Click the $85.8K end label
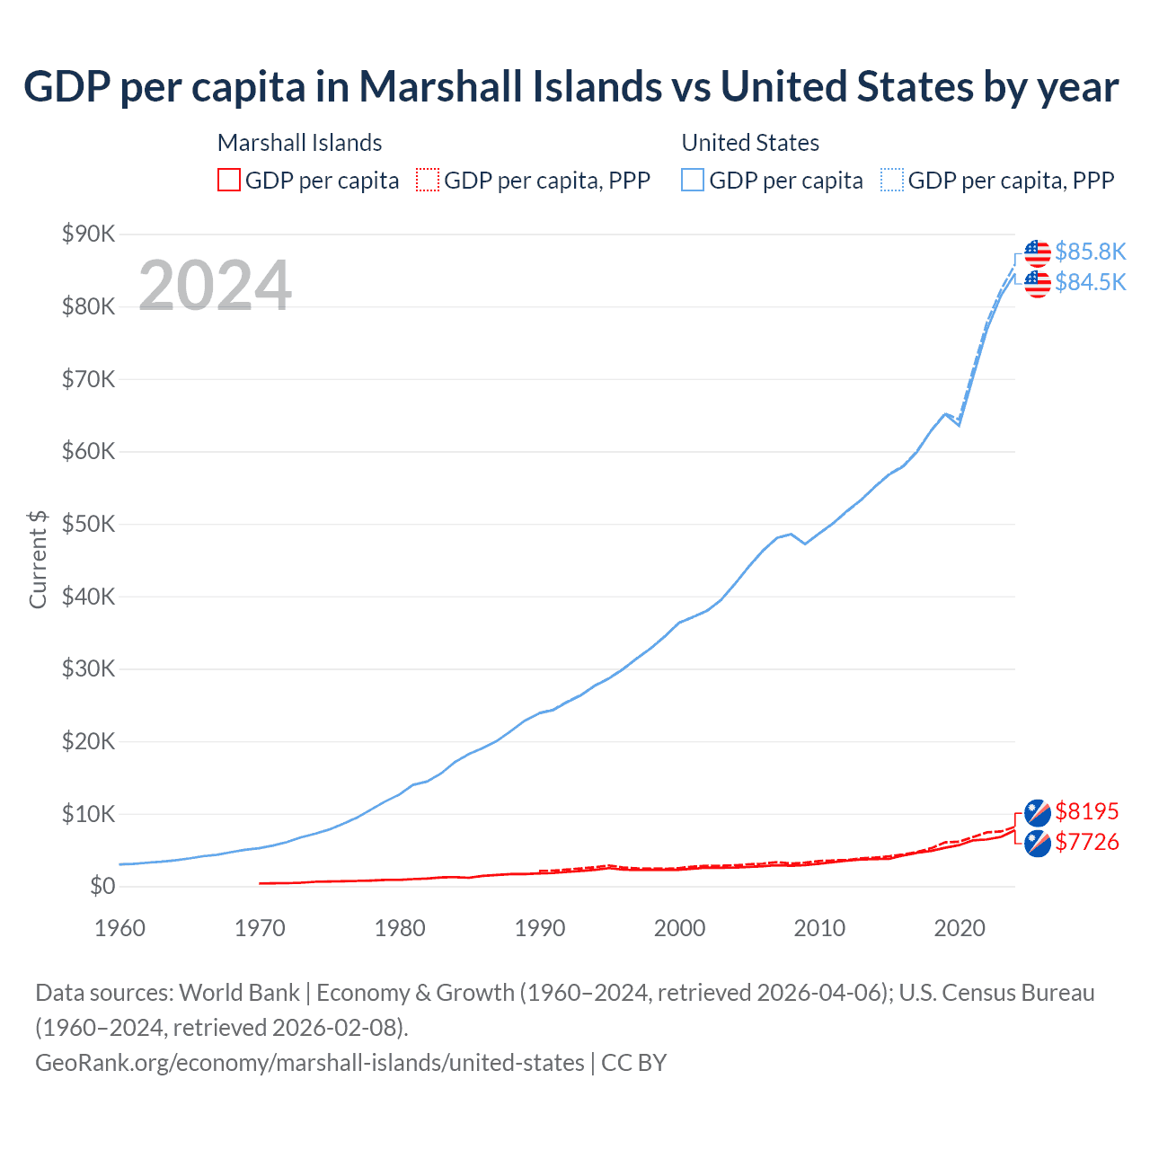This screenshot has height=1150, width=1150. click(x=1090, y=252)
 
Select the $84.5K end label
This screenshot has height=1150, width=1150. click(x=1090, y=282)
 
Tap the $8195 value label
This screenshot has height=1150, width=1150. click(x=1086, y=811)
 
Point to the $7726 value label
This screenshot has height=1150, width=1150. click(x=1086, y=842)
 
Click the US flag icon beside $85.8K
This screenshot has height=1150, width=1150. click(x=1038, y=253)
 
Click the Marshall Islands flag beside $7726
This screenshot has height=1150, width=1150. click(x=1038, y=844)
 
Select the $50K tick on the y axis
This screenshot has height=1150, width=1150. click(x=88, y=524)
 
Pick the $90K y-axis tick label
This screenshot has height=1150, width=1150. click(x=88, y=234)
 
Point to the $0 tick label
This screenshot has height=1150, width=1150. click(x=102, y=887)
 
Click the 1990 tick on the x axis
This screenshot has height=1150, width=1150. click(x=540, y=928)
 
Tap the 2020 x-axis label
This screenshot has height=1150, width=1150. click(x=960, y=928)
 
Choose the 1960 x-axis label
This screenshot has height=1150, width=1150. click(x=119, y=928)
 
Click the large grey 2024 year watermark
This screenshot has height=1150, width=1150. click(x=215, y=286)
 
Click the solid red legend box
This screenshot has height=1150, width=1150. click(x=229, y=180)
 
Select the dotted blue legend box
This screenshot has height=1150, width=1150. click(x=892, y=180)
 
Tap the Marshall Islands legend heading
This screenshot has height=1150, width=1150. click(x=299, y=143)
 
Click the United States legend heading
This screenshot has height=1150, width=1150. click(x=750, y=143)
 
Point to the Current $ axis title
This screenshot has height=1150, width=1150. click(x=38, y=560)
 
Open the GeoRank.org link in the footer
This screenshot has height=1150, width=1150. click(x=310, y=1063)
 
